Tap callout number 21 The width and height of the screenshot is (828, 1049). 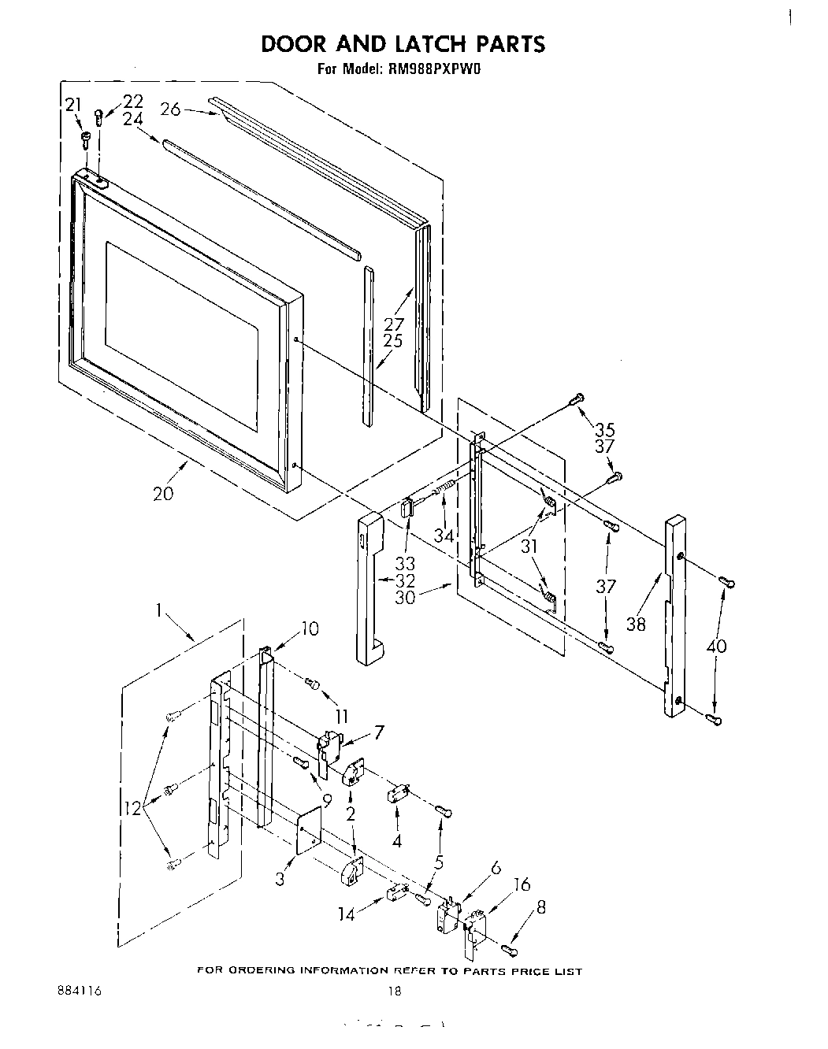pos(72,105)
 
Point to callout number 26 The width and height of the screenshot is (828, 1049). pos(171,109)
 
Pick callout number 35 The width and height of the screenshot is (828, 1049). pos(605,430)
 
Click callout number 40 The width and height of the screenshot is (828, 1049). pos(717,647)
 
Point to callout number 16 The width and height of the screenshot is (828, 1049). pos(522,884)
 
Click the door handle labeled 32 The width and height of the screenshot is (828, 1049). pos(369,587)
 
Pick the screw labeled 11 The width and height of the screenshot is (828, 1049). pos(312,684)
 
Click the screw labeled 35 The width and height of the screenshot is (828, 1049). pos(577,399)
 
